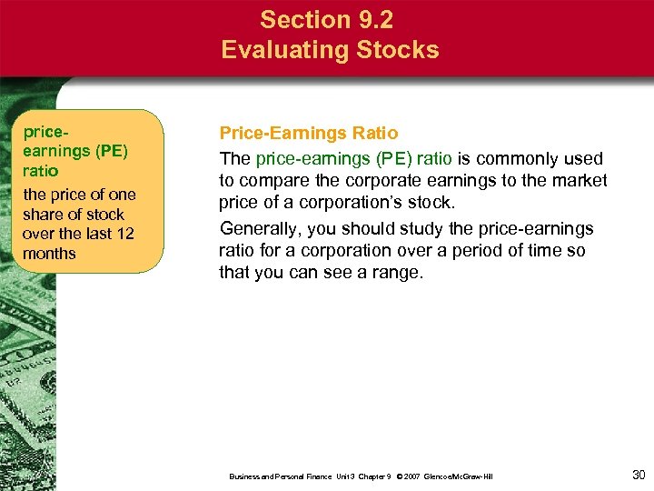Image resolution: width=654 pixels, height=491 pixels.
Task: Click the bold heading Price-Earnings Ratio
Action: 308,134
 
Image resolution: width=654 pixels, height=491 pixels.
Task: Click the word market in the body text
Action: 576,180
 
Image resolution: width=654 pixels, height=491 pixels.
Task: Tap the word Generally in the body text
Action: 257,228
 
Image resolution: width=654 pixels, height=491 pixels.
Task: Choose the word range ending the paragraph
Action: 396,272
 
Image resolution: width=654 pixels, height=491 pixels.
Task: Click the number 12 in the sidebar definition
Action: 124,234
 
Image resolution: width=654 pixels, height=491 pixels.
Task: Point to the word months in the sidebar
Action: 49,254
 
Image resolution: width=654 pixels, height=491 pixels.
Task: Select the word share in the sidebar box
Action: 44,215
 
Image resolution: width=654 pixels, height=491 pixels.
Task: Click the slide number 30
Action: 638,475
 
